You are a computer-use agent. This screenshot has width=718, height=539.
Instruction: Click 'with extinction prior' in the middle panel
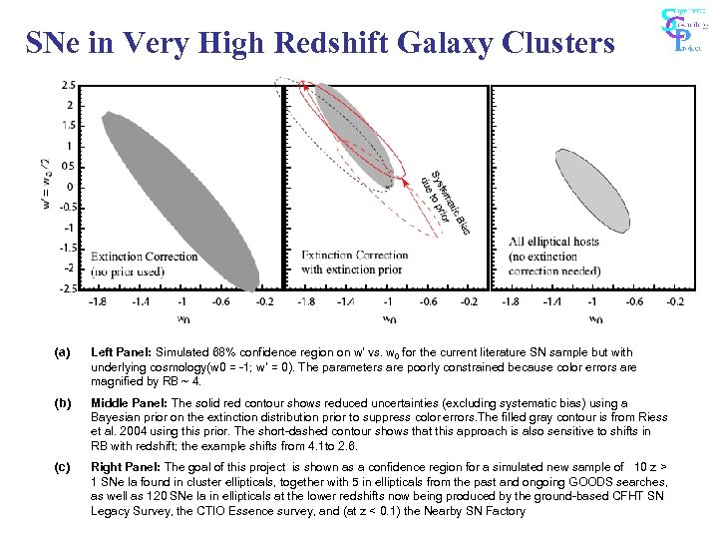coord(352,269)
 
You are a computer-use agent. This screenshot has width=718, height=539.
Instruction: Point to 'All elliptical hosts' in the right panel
coord(553,242)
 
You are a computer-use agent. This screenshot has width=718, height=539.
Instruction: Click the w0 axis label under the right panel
coord(595,319)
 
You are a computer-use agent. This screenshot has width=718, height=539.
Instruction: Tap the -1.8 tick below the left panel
coord(98,300)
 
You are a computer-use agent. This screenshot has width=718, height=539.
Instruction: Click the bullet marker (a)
coord(63,352)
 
